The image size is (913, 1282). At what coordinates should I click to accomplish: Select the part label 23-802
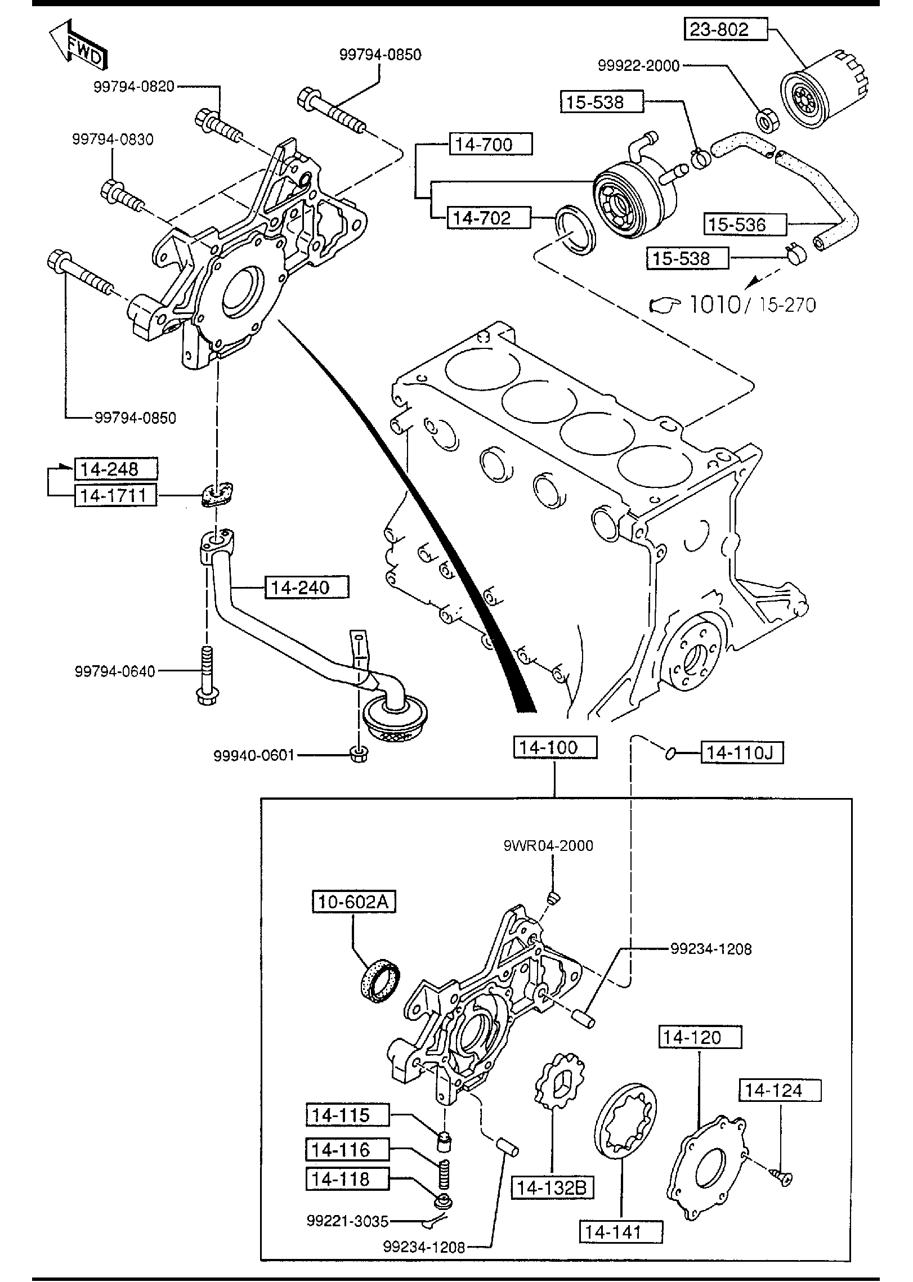[726, 29]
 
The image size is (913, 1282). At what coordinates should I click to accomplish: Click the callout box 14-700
[490, 145]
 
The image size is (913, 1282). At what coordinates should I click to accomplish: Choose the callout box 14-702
[488, 218]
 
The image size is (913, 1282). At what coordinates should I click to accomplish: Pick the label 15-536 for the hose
[744, 225]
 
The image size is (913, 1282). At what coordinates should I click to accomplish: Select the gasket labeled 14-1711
[218, 494]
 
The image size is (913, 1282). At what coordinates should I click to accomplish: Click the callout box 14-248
[116, 469]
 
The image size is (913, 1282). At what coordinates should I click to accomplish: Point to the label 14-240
[307, 588]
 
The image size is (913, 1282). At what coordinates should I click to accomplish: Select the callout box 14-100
[554, 748]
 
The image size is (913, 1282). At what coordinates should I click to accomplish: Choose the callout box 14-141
[621, 1232]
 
